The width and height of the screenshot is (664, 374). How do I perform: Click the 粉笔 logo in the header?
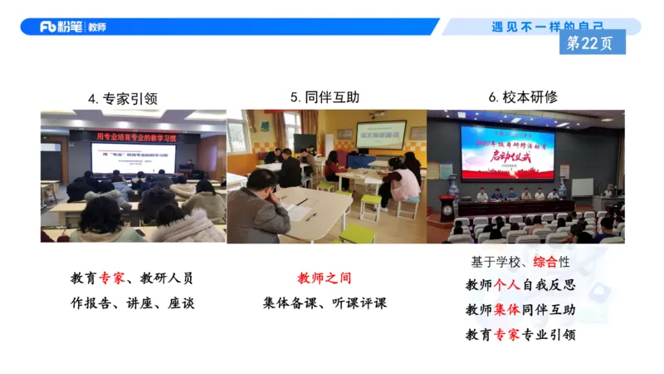coord(61,27)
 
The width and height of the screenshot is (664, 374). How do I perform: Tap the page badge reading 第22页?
coord(592,42)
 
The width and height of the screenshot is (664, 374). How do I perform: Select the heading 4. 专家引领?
coord(122,98)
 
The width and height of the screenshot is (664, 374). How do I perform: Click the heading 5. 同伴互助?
coord(325,97)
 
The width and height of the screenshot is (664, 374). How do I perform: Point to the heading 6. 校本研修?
coord(523,97)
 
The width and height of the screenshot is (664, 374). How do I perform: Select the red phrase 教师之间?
coord(325,278)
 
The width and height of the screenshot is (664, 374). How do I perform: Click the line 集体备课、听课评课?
coord(325,303)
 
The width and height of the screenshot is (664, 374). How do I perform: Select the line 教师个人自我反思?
coord(520,285)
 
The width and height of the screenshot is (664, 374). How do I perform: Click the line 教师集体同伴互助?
coord(520,310)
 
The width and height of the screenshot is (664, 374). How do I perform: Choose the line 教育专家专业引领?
coord(520,334)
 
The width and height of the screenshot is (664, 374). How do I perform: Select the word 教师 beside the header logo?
coord(95,27)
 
